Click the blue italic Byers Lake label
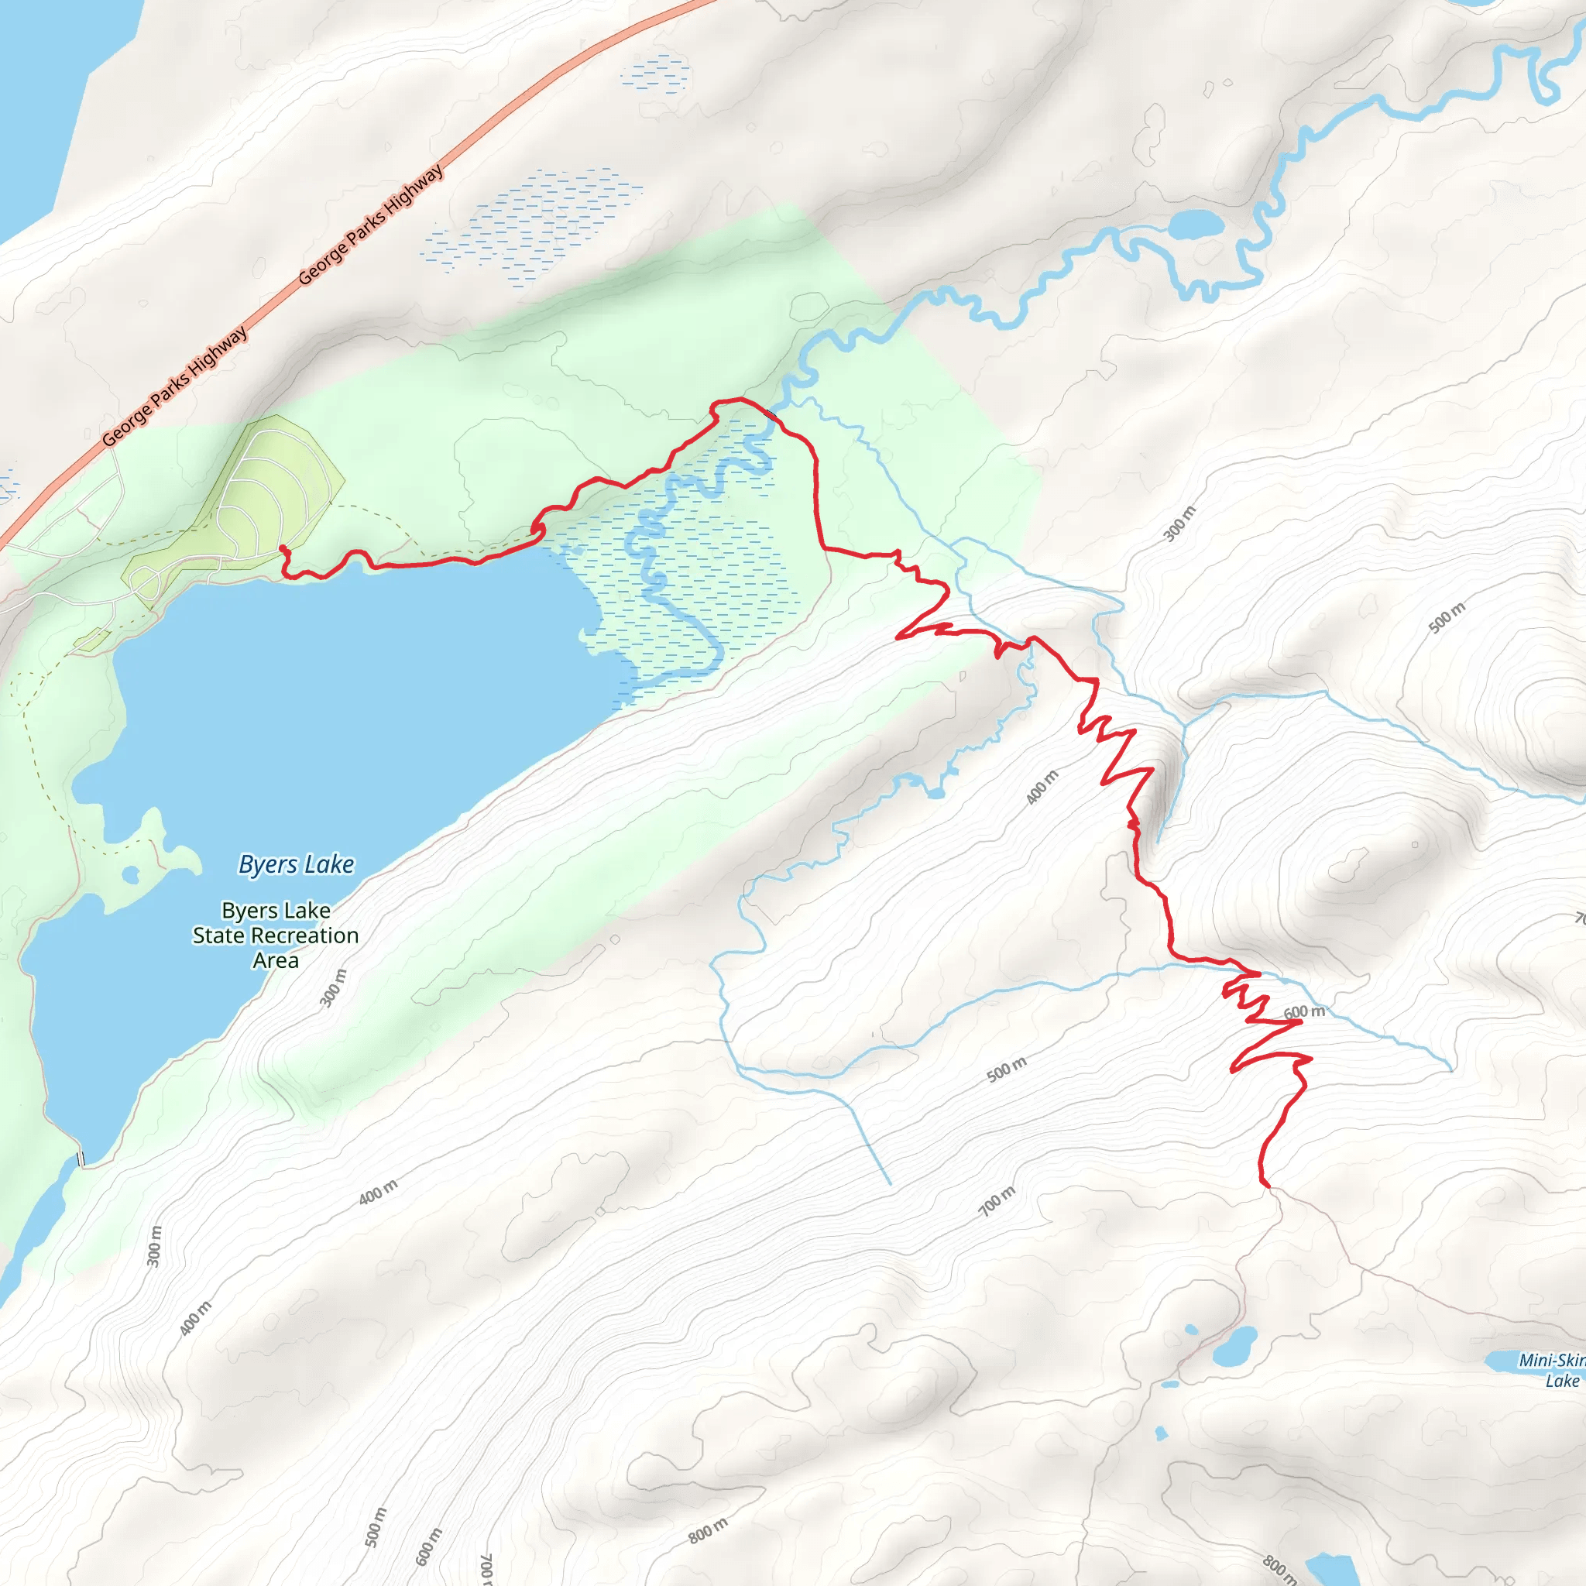[297, 864]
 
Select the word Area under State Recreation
[275, 960]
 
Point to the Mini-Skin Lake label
[1551, 1370]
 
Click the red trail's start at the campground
[283, 548]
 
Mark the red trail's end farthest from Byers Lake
[1268, 1186]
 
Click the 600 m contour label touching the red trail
[1304, 1012]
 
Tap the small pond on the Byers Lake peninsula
[129, 875]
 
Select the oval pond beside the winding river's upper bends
[1195, 224]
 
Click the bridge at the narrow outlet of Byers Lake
[81, 1159]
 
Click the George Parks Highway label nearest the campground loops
[175, 386]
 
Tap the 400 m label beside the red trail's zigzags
[1042, 787]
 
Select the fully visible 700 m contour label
[997, 1201]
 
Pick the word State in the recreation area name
[219, 935]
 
